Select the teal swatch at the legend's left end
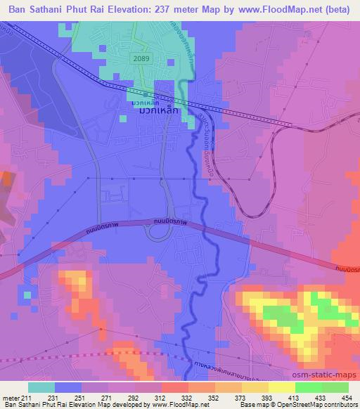click(x=41, y=387)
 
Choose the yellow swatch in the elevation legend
click(x=281, y=387)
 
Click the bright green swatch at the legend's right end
click(x=335, y=387)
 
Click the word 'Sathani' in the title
click(x=51, y=8)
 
